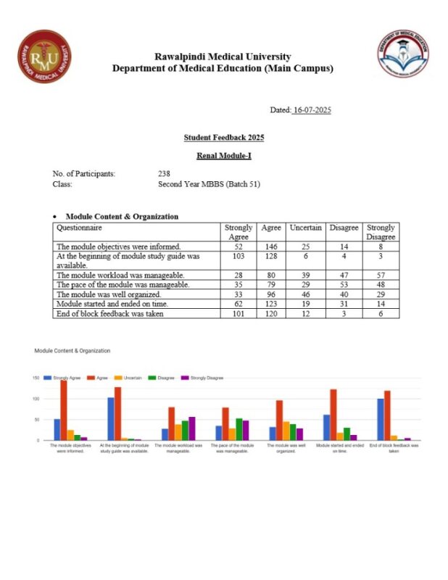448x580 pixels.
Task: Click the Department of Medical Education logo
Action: [402, 54]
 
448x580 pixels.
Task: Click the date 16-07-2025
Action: [311, 109]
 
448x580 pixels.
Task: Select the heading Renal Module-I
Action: [223, 155]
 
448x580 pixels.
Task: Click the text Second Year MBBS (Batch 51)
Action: [209, 184]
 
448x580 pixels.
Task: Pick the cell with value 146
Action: [271, 246]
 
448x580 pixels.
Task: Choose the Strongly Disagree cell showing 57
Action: [381, 275]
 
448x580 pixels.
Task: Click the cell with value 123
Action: [271, 304]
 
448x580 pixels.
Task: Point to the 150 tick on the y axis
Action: [36, 378]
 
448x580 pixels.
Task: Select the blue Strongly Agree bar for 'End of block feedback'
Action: [380, 419]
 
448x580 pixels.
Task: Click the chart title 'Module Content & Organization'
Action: [72, 350]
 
